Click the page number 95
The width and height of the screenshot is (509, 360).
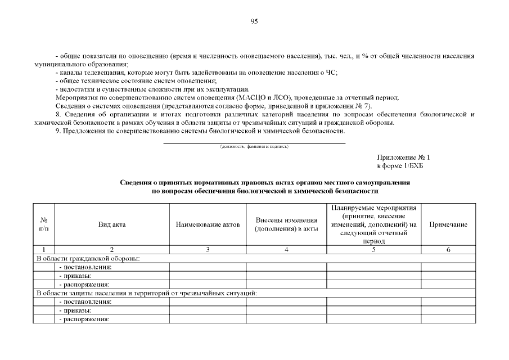[x=254, y=21]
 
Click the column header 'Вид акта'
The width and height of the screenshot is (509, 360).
[x=112, y=224]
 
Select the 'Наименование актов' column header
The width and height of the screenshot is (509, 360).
[x=208, y=224]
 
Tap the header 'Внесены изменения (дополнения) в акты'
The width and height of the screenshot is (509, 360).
[x=286, y=224]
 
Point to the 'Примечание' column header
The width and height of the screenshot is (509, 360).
[x=448, y=224]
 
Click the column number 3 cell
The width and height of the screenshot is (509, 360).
[x=208, y=249]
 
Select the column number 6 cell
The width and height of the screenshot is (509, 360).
[x=448, y=249]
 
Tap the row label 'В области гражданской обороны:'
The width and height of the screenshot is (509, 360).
[x=88, y=258]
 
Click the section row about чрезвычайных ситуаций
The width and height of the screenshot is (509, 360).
[x=146, y=293]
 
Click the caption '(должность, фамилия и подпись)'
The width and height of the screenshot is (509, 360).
[x=254, y=147]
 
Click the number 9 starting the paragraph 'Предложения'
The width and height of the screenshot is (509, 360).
[x=57, y=131]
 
